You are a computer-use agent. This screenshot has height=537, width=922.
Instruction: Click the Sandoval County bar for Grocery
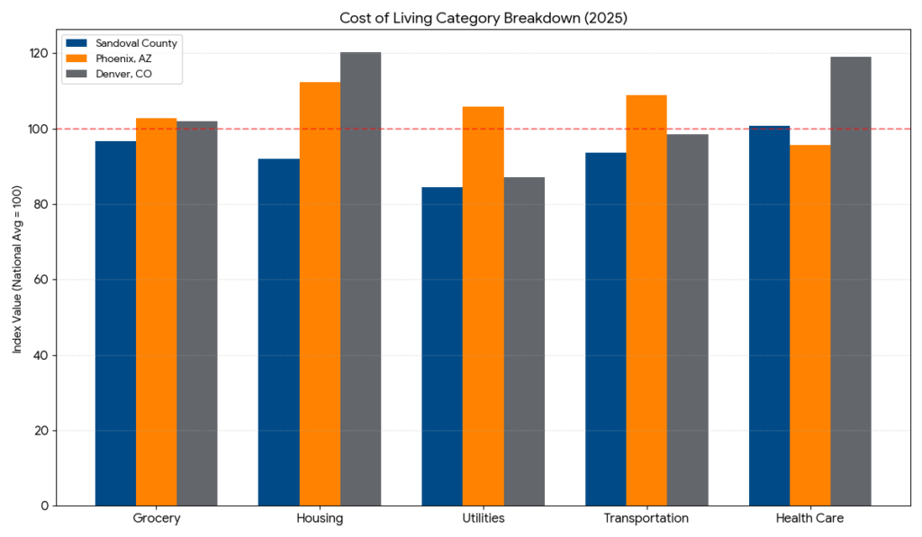[x=115, y=323]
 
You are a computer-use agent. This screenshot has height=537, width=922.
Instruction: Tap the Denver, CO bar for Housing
[x=360, y=279]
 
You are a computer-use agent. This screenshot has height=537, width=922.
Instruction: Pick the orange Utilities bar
[x=483, y=306]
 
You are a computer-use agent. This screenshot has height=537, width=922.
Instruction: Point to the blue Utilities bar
[x=442, y=346]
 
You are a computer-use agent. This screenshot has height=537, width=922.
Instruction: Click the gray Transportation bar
[x=687, y=319]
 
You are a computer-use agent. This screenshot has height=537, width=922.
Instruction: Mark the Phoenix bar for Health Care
[x=809, y=325]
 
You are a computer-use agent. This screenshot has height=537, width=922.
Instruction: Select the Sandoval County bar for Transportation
[x=605, y=328]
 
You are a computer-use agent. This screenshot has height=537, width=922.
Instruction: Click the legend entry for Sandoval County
[x=136, y=42]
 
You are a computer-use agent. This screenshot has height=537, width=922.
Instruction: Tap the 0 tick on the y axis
[x=44, y=506]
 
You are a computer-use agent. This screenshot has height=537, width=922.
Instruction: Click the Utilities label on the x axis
[x=483, y=519]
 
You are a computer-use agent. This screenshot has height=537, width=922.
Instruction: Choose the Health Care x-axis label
[x=809, y=519]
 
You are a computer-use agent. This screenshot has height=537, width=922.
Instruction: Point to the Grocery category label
[x=156, y=519]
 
